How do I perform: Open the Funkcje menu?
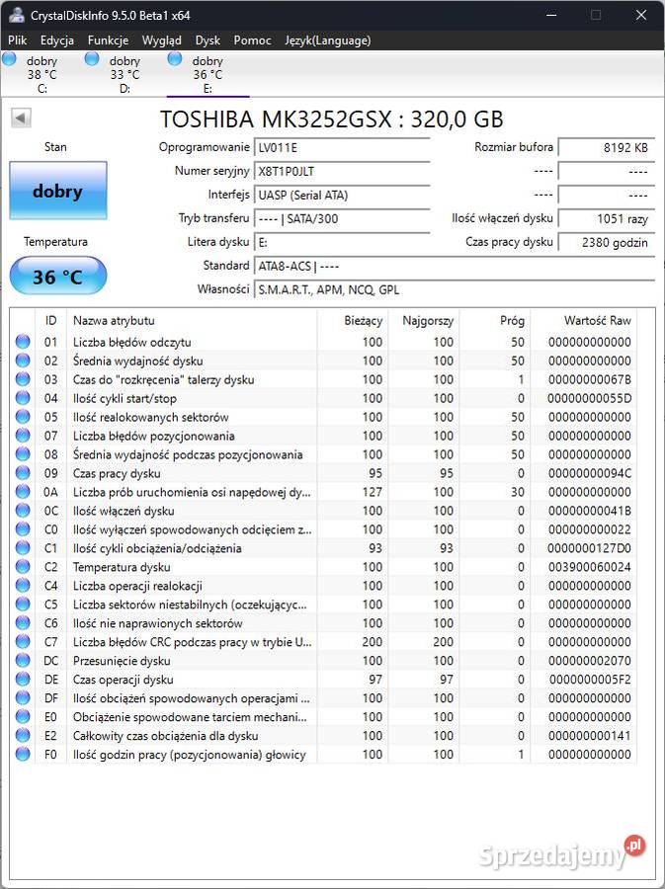click(108, 40)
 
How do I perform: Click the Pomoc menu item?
click(252, 40)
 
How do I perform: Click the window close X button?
click(641, 15)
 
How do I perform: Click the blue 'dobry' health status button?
click(57, 191)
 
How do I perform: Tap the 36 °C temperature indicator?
click(57, 277)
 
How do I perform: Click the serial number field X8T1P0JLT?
click(342, 171)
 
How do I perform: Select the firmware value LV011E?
click(342, 147)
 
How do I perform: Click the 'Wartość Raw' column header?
click(597, 321)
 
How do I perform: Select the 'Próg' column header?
click(511, 321)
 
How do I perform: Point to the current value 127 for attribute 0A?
click(372, 492)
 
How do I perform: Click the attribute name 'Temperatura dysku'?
click(123, 567)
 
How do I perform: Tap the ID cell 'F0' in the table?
click(50, 755)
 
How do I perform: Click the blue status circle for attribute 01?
click(23, 342)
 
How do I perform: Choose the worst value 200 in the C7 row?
click(442, 642)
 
